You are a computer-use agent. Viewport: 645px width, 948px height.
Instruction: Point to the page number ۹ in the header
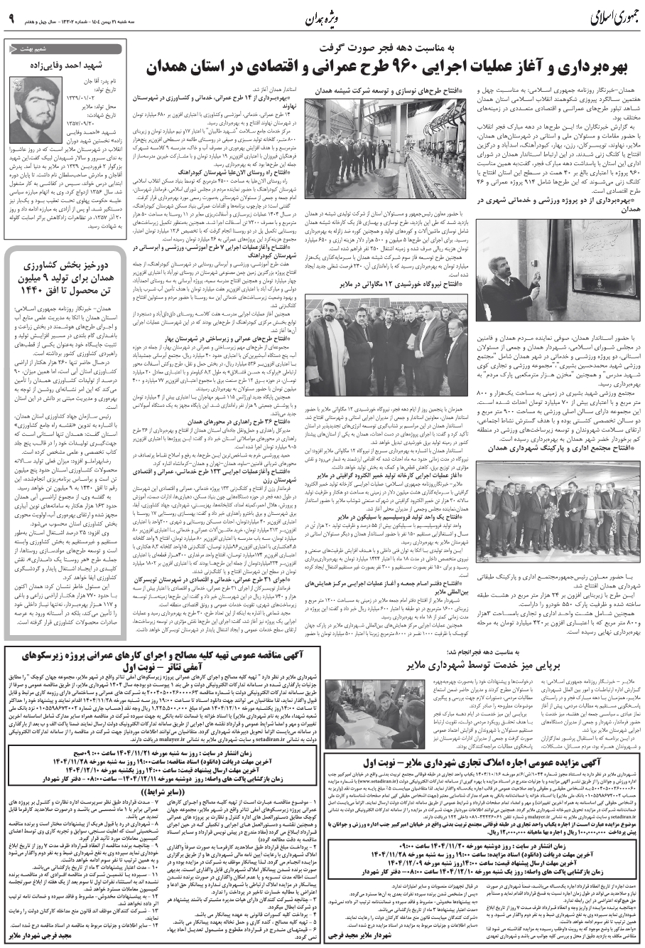[12, 18]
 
